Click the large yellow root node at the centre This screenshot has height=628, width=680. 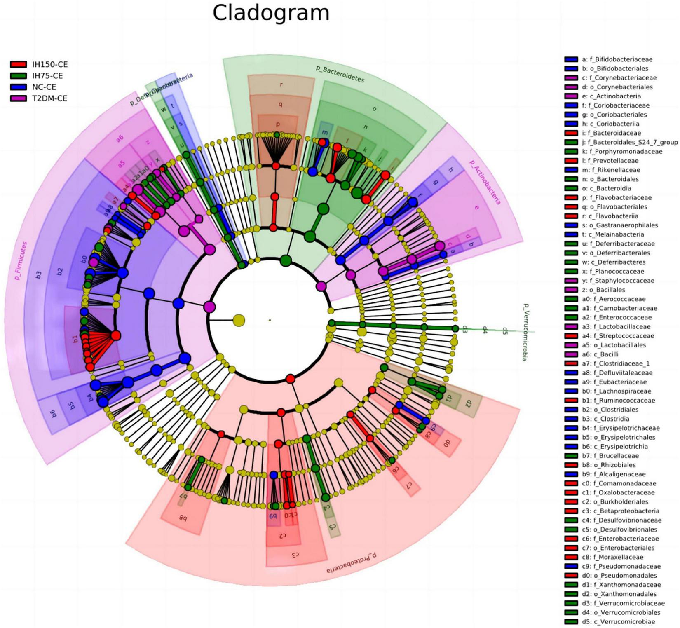(x=239, y=320)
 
